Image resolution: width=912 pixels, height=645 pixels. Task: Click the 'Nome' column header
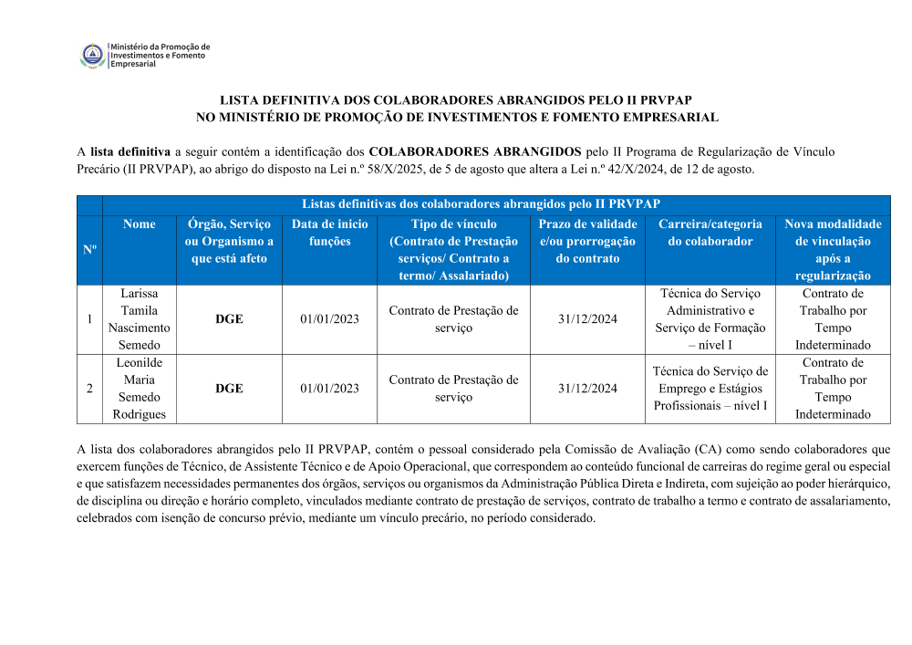pos(139,224)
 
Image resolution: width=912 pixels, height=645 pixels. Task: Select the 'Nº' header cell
pos(89,249)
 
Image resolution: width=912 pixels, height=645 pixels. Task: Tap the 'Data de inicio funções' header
pos(329,233)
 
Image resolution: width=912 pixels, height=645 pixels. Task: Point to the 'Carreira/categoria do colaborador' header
pos(710,233)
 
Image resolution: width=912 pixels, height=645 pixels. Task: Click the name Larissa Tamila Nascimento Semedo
pos(139,319)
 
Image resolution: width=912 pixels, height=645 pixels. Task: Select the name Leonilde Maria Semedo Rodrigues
pos(139,389)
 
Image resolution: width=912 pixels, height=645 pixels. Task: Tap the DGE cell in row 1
pos(229,319)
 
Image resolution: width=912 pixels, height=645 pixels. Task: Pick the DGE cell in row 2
pos(229,389)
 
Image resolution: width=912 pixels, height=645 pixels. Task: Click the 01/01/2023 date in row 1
pos(329,319)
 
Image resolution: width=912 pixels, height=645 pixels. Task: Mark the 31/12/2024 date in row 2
pos(587,389)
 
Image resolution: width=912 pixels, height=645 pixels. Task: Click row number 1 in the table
pos(89,319)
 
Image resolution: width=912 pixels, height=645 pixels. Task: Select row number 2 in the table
pos(89,389)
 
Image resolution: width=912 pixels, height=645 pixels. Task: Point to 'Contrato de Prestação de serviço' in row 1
pos(453,319)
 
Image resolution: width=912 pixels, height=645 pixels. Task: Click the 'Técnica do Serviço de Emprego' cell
pos(710,388)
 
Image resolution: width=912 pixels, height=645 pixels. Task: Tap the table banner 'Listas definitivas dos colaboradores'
pos(481,204)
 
